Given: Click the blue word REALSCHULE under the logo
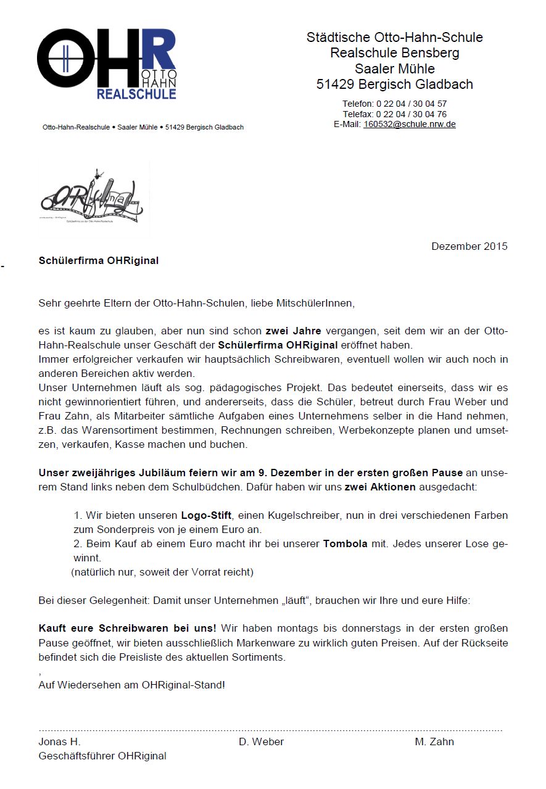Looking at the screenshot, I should tap(136, 94).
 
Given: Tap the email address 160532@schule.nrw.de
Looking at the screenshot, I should tap(409, 124).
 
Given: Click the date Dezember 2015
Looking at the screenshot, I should tap(469, 246).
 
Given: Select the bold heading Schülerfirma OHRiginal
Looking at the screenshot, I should tap(99, 261).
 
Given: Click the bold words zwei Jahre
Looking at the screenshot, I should tap(293, 331).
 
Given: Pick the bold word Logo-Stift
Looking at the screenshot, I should tap(206, 515).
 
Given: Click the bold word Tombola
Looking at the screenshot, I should tap(345, 544).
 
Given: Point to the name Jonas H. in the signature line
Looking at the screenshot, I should tap(59, 741).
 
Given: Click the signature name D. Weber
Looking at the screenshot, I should tap(261, 741).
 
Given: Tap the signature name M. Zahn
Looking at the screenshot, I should tap(434, 741).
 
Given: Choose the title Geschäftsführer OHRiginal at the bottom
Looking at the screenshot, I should tap(102, 756).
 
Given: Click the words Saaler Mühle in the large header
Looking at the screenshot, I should tap(395, 68).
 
